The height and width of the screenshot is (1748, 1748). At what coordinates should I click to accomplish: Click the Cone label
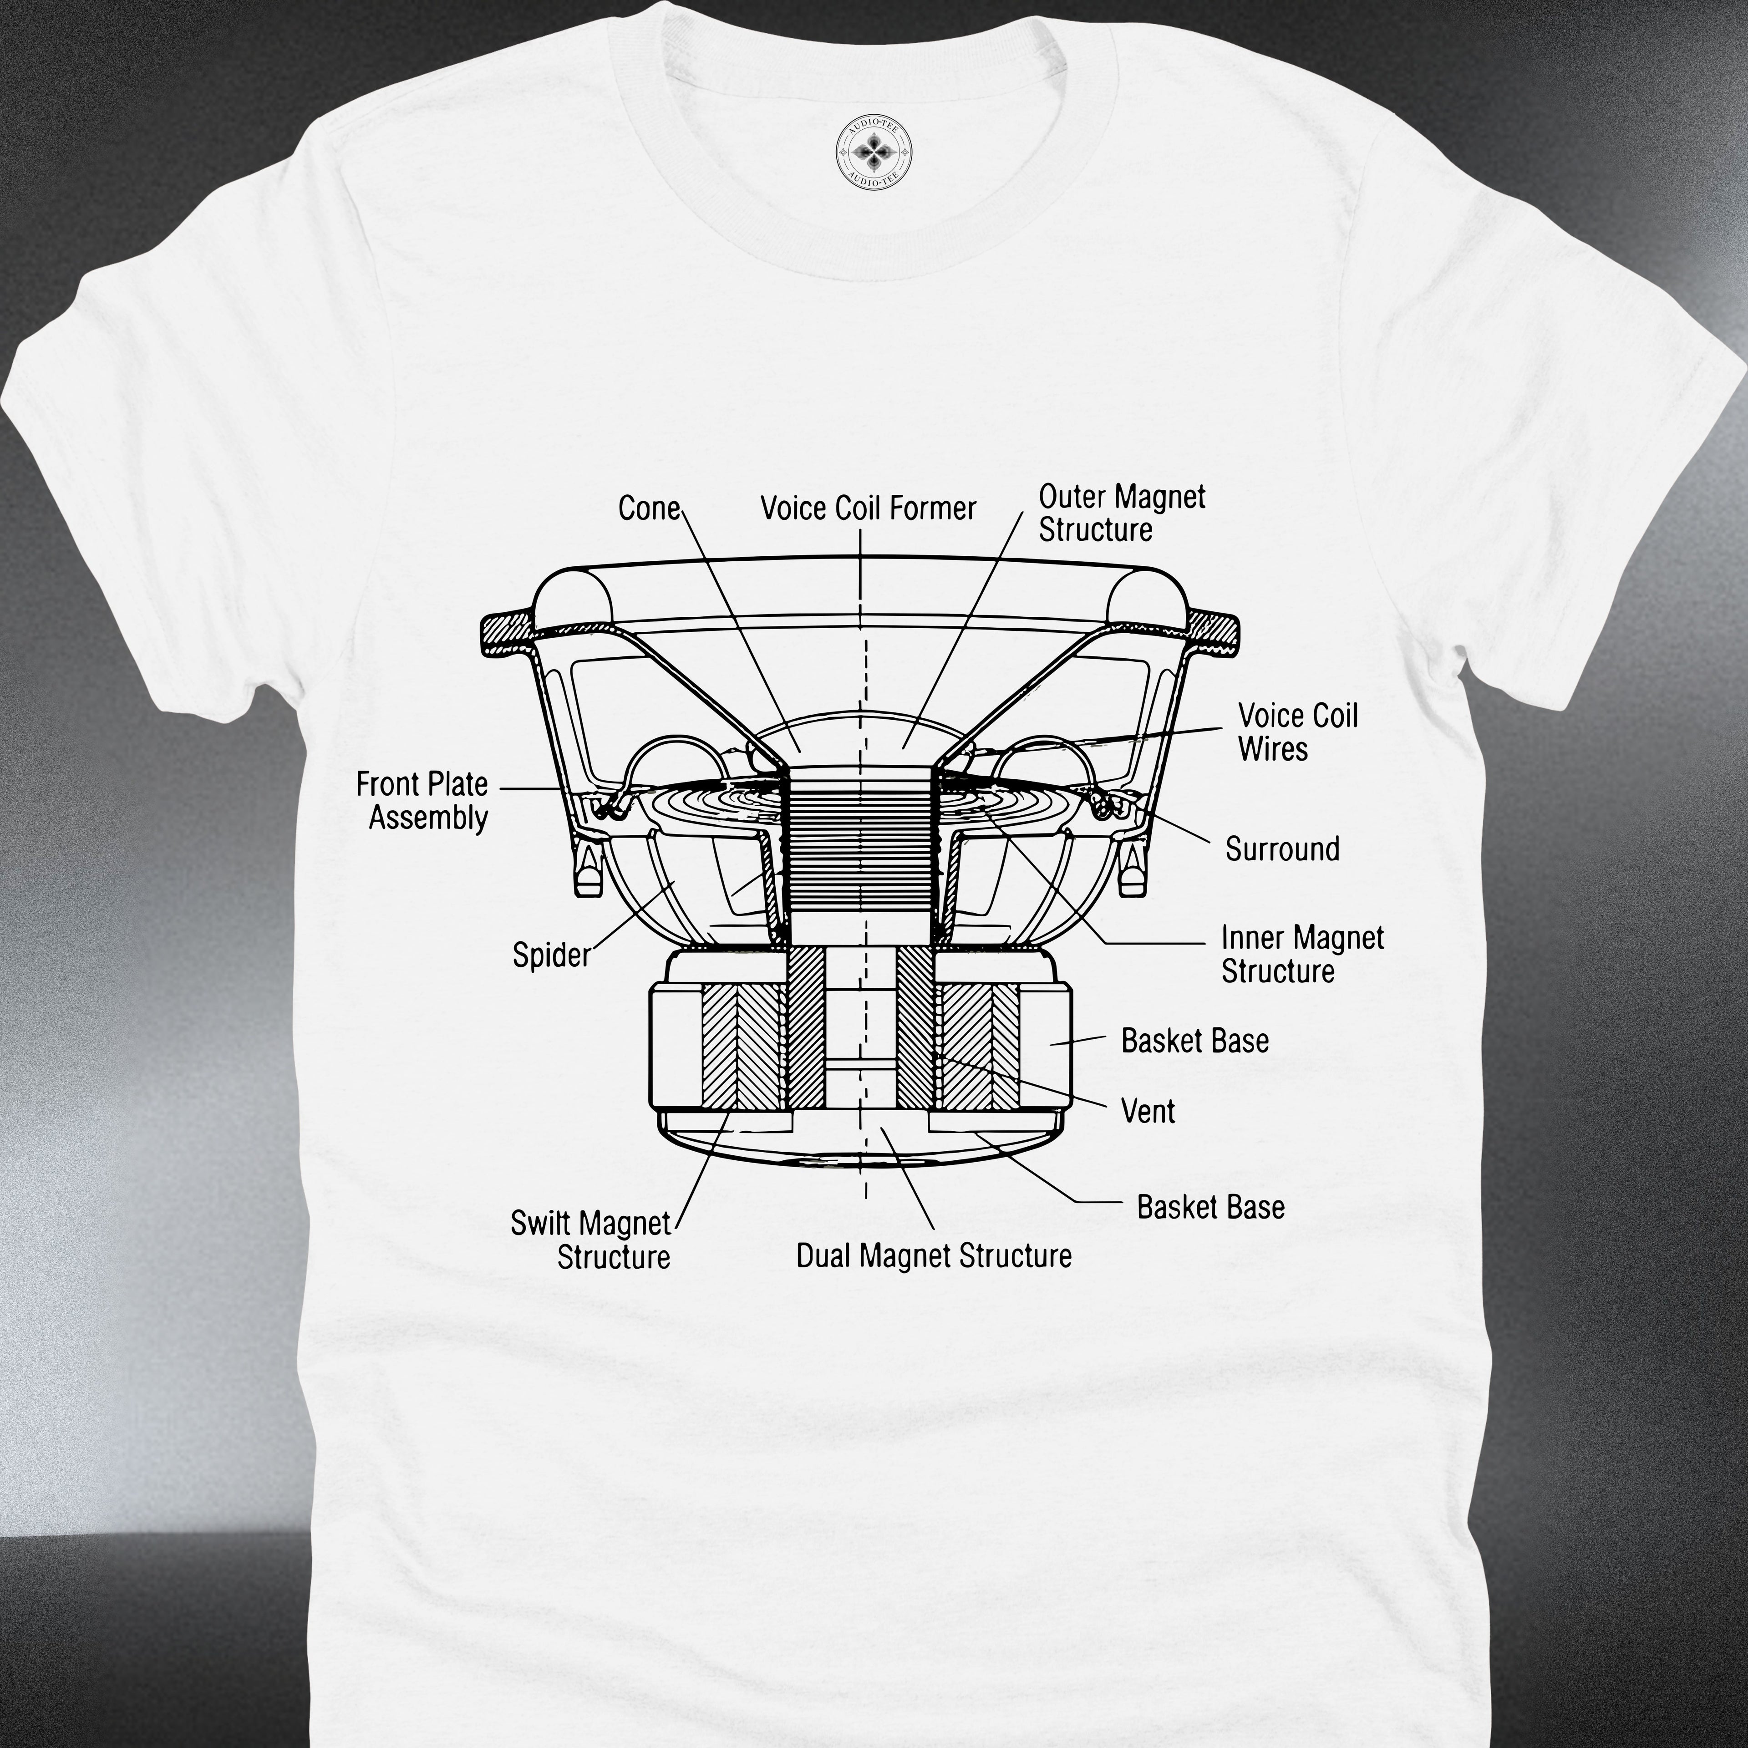tap(649, 508)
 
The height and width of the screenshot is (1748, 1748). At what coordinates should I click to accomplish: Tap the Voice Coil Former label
tap(869, 508)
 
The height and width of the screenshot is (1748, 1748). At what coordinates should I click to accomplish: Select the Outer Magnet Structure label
tap(1122, 513)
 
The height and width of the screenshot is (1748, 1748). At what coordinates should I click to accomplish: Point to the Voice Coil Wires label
tap(1298, 732)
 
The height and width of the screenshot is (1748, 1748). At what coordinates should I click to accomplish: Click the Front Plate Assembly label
tap(422, 801)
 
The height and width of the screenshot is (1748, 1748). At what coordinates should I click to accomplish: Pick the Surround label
tap(1282, 849)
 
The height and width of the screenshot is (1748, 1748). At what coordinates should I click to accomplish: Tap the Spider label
tap(551, 955)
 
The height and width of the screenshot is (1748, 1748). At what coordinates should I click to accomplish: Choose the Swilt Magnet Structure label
tap(591, 1240)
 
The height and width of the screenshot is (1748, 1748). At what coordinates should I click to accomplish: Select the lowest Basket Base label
tap(1210, 1207)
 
